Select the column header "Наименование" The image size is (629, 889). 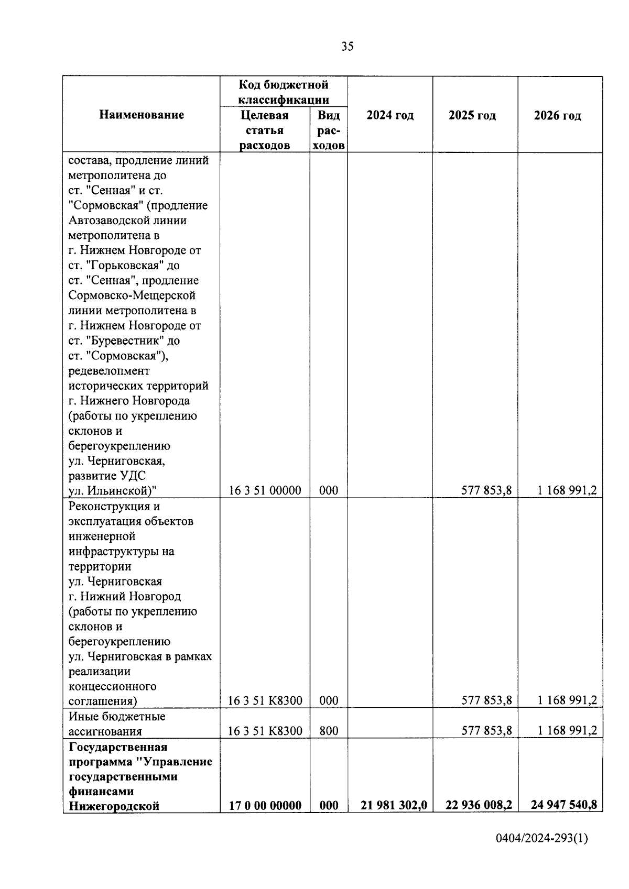[x=142, y=115]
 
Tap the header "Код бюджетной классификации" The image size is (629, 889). [x=284, y=92]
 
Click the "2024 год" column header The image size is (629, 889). [x=390, y=115]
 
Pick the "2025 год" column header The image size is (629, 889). [x=472, y=115]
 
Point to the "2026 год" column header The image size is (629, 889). [x=558, y=115]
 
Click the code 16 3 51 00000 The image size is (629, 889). [x=265, y=490]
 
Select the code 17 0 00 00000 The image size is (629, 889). [x=265, y=805]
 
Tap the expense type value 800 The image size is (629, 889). [x=329, y=731]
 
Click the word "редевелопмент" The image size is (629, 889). [x=109, y=371]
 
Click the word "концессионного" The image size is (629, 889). [x=113, y=686]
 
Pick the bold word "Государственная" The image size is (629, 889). [x=118, y=747]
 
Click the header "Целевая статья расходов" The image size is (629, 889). [x=265, y=130]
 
